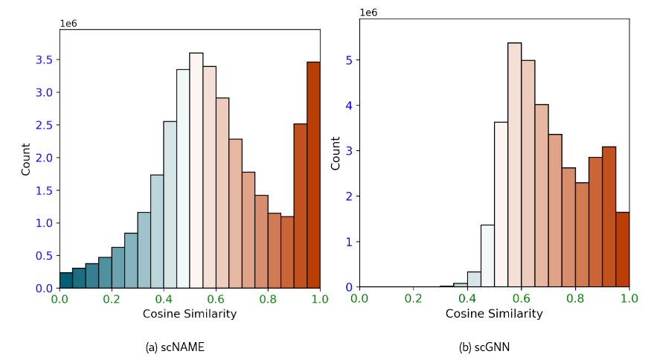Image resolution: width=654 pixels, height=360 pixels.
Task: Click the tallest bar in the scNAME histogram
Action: pos(196,170)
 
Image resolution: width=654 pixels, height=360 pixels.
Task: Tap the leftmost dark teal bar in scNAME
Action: pos(66,280)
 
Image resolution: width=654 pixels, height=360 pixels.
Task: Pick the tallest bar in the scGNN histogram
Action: pos(514,164)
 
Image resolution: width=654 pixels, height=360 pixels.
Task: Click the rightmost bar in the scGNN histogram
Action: pos(623,249)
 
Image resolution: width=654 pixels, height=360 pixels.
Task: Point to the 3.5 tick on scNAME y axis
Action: pos(44,60)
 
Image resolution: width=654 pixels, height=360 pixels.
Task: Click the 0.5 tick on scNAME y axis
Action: pos(44,256)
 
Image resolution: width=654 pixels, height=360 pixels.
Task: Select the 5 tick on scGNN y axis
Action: pos(348,60)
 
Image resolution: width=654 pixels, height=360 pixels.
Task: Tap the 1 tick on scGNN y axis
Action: pos(348,242)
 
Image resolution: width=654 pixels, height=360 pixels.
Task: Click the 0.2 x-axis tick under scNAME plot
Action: pos(112,299)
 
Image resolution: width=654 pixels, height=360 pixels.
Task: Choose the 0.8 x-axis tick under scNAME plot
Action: pos(268,299)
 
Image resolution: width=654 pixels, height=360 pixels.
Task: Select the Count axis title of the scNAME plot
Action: pos(26,158)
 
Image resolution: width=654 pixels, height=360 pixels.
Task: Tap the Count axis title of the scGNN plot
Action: pos(336,152)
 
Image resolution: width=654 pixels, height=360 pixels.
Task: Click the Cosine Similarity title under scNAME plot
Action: pos(190,314)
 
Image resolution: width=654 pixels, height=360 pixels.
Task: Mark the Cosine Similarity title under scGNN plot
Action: pos(494,314)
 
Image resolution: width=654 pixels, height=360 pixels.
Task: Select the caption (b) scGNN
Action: pos(484,347)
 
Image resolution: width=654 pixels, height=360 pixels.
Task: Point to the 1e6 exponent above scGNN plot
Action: pos(369,13)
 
